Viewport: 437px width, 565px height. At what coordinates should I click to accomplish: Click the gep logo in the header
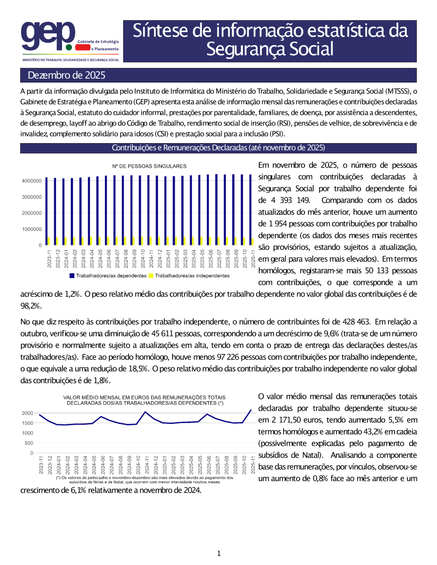click(48, 36)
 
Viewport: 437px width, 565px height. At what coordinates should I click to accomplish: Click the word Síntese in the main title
click(160, 31)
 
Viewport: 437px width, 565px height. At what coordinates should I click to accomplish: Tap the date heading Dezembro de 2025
click(66, 75)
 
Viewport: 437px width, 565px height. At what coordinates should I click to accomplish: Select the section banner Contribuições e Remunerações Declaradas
click(218, 148)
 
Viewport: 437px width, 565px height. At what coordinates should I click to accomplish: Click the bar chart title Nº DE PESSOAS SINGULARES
click(149, 166)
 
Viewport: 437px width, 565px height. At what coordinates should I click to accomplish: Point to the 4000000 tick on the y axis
click(32, 181)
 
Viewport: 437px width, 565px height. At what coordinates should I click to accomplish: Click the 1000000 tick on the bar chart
click(32, 229)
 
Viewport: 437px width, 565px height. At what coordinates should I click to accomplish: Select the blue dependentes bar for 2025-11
click(250, 210)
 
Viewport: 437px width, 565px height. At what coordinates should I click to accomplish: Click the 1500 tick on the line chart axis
click(28, 423)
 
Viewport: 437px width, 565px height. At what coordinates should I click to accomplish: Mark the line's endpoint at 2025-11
click(251, 410)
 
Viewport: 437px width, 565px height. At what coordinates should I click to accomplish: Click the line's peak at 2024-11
click(146, 412)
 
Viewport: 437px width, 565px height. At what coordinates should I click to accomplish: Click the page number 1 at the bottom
click(218, 554)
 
